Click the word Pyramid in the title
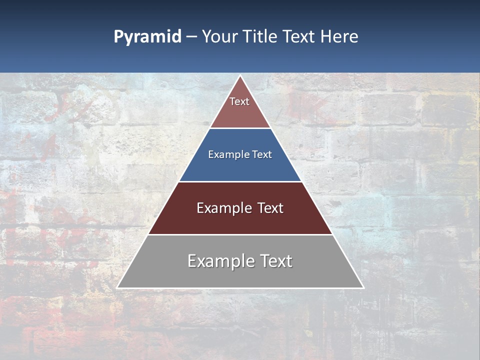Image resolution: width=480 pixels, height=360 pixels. click(x=147, y=37)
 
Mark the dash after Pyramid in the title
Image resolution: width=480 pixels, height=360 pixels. click(x=191, y=37)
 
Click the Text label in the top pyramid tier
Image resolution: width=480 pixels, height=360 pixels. click(x=239, y=101)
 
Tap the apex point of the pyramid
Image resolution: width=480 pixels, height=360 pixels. click(x=240, y=76)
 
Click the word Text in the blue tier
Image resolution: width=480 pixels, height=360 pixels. click(x=262, y=155)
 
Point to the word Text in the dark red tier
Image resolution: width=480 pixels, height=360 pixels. click(x=270, y=208)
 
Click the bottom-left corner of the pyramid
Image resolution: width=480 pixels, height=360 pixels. click(x=117, y=287)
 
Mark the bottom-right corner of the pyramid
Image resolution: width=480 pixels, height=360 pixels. click(x=363, y=287)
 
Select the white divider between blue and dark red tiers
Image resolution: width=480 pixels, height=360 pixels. click(x=240, y=181)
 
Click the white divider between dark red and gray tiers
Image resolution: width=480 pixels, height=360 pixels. click(x=240, y=234)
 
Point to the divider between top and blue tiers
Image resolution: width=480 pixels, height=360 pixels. click(x=240, y=128)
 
